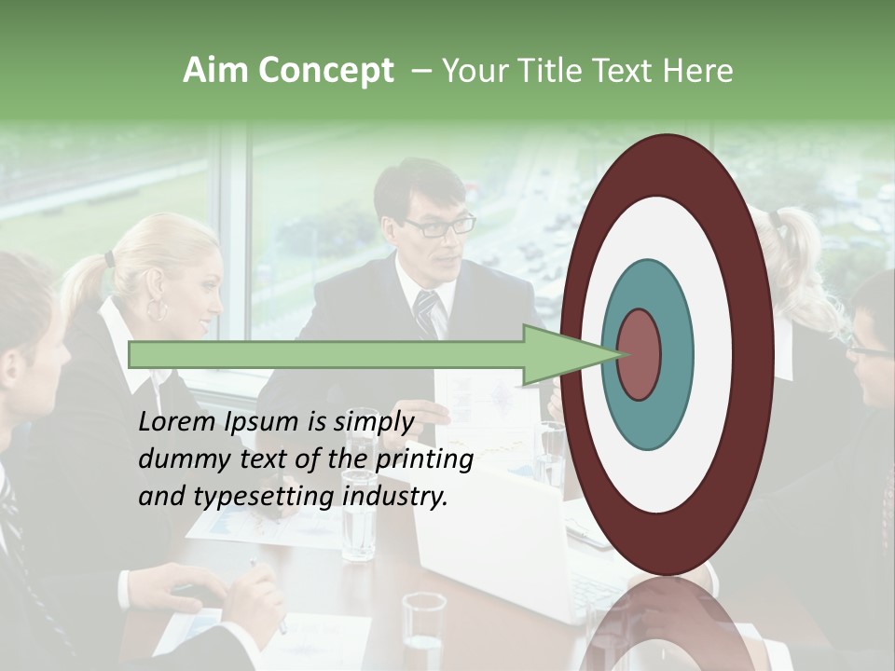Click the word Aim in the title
(x=216, y=71)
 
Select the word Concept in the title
(x=324, y=71)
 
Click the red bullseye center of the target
(x=639, y=355)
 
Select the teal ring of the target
(x=675, y=355)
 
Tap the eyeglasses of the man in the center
(x=439, y=225)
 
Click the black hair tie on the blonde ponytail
(x=109, y=258)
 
